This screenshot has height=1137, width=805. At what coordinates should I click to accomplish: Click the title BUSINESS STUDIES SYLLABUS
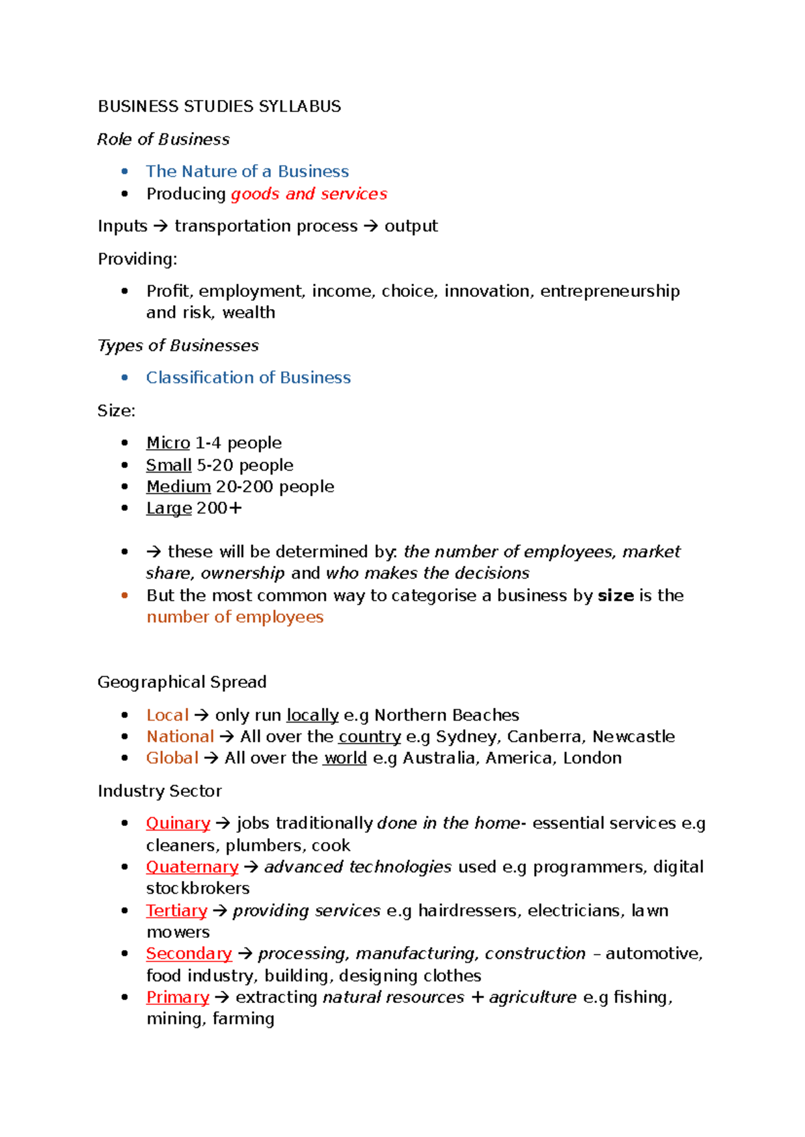point(219,107)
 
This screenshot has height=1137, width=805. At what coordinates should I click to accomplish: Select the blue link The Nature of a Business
point(248,172)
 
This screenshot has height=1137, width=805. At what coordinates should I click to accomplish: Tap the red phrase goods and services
point(309,194)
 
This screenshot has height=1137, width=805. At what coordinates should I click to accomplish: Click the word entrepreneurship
point(610,291)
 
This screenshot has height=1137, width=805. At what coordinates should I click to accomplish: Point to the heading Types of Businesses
point(178,345)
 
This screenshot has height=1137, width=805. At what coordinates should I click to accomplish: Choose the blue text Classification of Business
point(248,377)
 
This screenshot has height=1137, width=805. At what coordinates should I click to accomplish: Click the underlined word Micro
point(168,443)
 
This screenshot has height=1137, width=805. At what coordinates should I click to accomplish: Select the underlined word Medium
point(178,487)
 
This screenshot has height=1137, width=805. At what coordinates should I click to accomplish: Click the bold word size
point(615,595)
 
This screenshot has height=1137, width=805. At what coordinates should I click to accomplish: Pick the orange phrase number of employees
point(235,617)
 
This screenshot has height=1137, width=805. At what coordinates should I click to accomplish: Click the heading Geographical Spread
point(182,682)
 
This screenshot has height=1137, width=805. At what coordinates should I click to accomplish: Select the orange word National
point(180,736)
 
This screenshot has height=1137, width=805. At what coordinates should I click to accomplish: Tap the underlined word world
point(345,758)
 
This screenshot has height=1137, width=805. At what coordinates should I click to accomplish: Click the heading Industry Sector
point(160,791)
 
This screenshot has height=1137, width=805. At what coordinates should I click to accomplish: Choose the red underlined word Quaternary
point(192,867)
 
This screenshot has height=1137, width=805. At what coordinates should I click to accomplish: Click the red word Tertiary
point(176,910)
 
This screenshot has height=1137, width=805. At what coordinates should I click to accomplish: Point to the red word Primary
point(178,997)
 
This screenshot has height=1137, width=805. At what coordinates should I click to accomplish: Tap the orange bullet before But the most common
point(124,595)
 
